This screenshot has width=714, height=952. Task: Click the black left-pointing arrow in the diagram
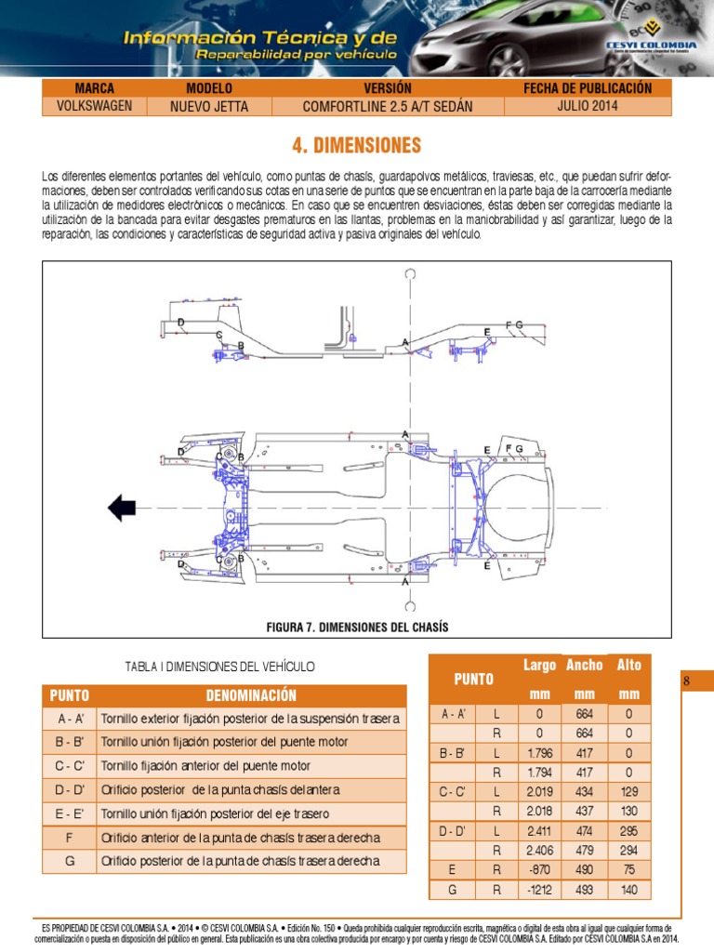122,508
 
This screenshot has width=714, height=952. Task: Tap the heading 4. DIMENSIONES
357,146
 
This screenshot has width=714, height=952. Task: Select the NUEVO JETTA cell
209,106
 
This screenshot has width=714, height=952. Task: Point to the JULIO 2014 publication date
588,106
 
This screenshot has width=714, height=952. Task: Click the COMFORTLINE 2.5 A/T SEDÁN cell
388,106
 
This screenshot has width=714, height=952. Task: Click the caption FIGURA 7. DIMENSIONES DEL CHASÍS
357,628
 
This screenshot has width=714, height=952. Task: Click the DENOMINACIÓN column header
251,695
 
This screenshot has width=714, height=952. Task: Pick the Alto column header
629,666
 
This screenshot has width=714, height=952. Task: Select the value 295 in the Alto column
629,830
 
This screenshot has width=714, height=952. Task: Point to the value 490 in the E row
585,869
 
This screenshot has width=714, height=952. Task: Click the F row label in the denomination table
70,838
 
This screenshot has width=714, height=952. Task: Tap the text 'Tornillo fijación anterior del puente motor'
205,766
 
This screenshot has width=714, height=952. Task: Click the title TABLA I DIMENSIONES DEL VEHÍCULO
220,667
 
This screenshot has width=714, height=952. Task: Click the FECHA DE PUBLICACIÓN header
588,88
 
